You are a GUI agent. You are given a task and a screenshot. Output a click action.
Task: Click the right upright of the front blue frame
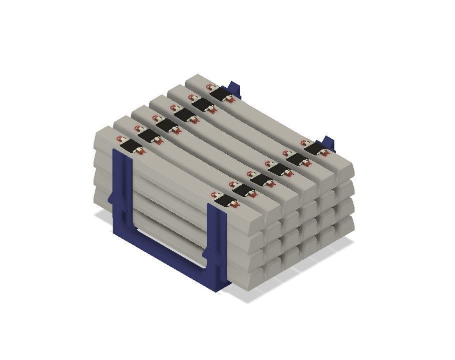point(216,245)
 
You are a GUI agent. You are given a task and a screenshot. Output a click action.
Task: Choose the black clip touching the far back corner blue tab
point(218,93)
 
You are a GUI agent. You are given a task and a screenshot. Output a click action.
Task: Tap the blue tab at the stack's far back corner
point(234,88)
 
